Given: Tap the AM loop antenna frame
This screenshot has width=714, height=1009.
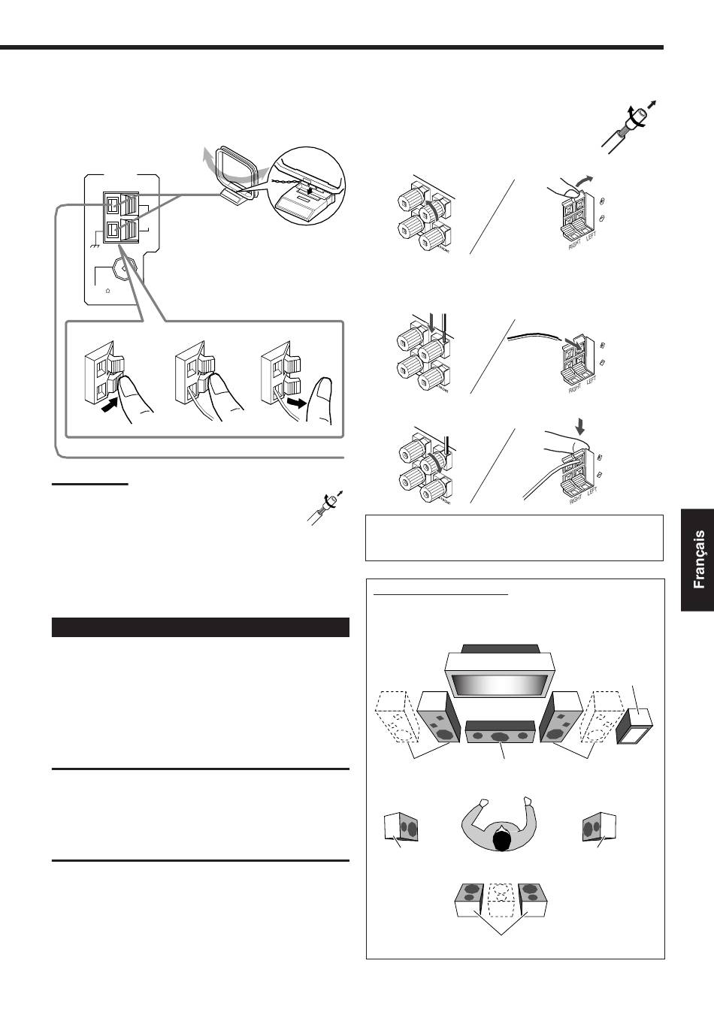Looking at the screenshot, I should tap(236, 169).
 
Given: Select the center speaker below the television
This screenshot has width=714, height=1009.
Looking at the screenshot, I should tap(500, 733).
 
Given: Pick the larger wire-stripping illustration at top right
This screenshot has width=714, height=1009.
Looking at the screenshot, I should tap(631, 125).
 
